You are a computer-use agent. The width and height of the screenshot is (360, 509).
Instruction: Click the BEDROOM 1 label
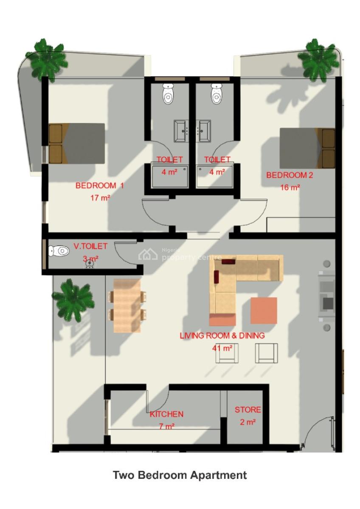[x=99, y=185]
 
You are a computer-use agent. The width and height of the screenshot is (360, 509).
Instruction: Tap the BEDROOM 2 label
[x=290, y=175]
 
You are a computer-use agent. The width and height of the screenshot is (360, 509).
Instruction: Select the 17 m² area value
[x=100, y=198]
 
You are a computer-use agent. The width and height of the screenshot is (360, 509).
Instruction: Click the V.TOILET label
[x=90, y=246]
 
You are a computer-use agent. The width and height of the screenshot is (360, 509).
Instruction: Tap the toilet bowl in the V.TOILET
[x=59, y=251]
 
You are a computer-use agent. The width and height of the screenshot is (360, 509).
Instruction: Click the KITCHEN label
[x=166, y=414]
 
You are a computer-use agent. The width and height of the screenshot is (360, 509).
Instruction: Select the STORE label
[x=248, y=410]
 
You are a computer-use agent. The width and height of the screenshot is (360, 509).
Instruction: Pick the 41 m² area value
[x=222, y=348]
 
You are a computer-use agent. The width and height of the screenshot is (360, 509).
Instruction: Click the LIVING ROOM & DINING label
[x=222, y=336]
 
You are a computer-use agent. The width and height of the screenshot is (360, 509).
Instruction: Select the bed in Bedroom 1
[x=77, y=143]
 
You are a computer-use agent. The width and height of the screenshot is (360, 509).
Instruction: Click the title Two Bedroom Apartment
[x=180, y=475]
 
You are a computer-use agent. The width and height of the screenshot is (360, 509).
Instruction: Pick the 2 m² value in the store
[x=248, y=422]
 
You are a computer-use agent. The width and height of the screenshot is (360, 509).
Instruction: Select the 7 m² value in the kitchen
[x=166, y=426]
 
